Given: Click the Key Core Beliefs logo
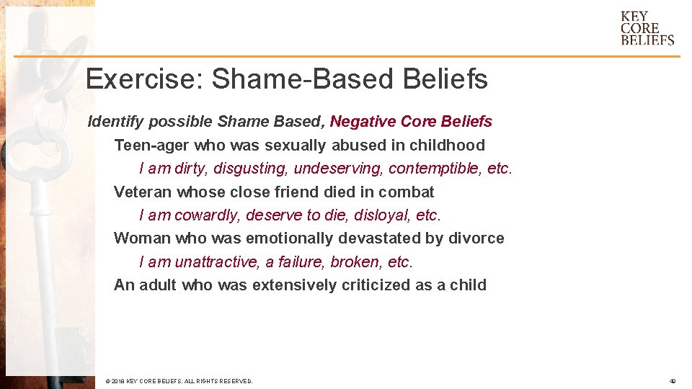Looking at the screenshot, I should point(647,28).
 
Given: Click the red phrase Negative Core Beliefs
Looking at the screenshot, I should point(411,121).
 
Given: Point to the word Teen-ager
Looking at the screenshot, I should point(150,146).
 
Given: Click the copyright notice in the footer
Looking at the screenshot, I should point(179,381).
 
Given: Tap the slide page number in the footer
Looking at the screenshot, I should point(672,381).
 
